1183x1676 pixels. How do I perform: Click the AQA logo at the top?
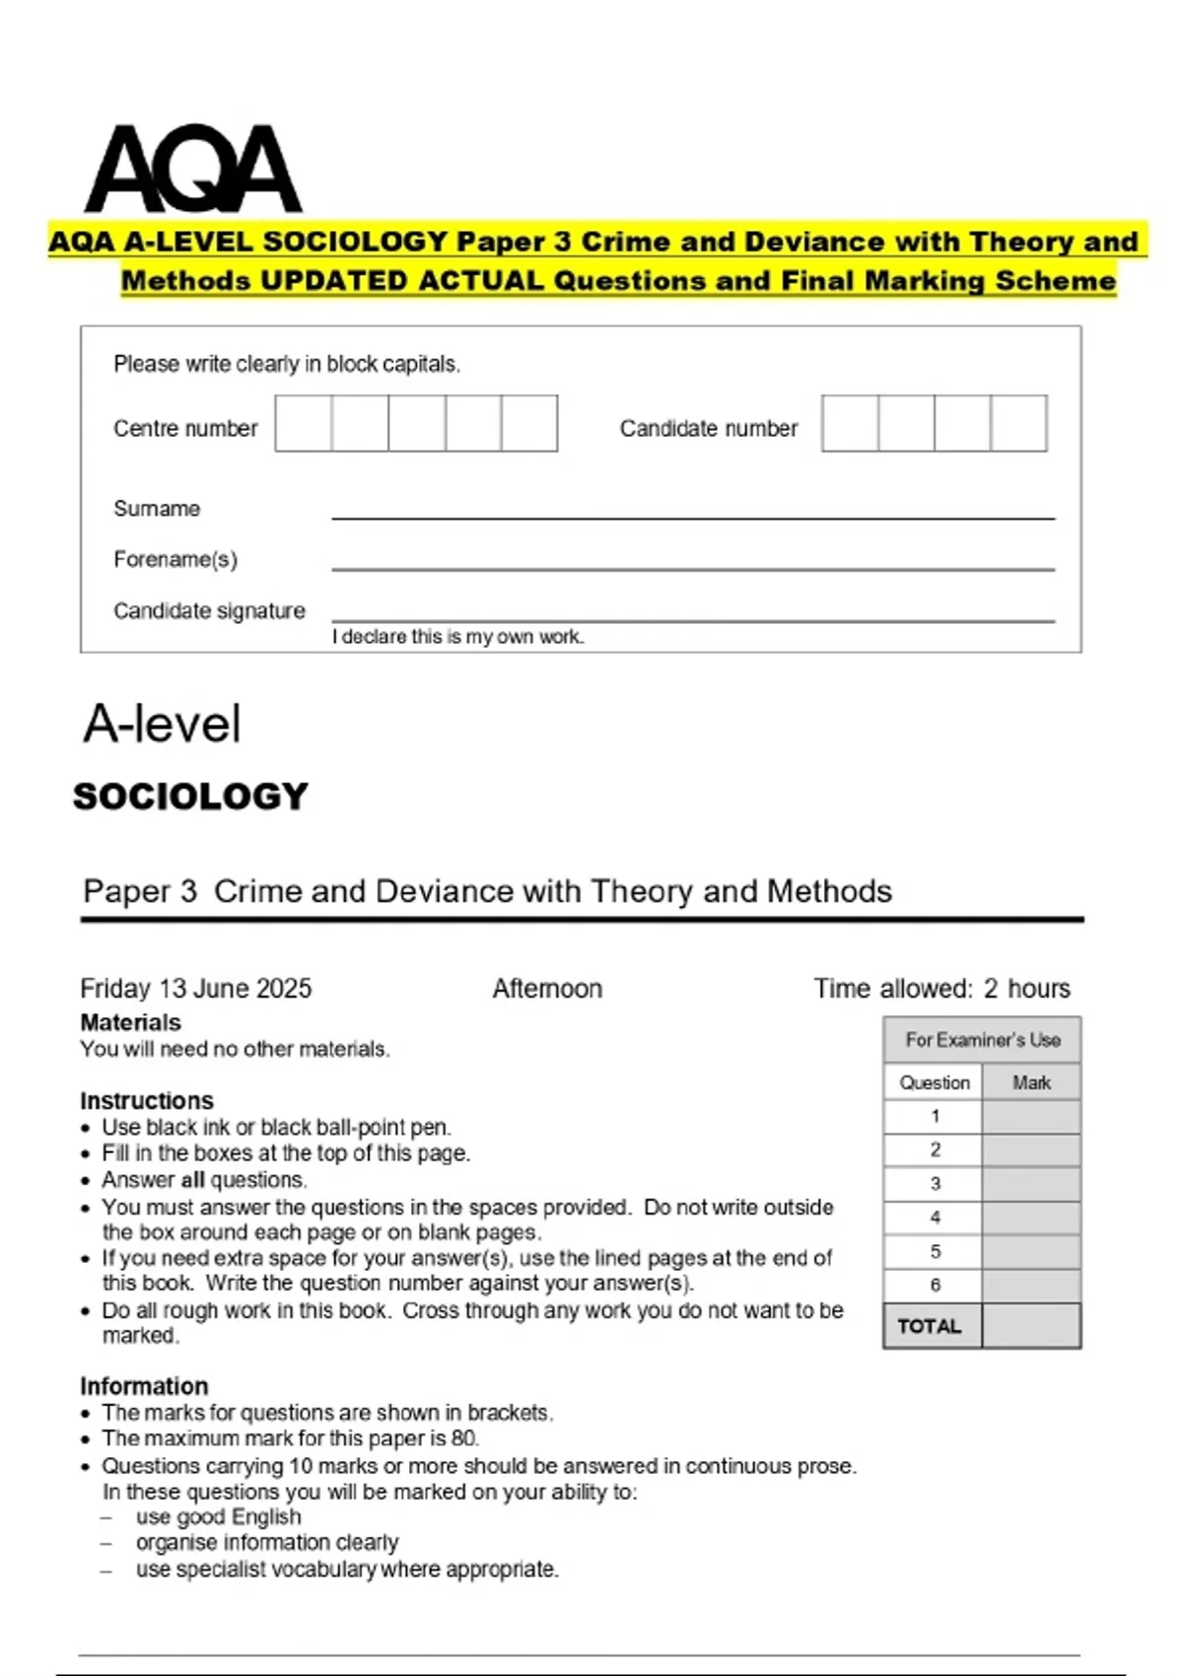193,170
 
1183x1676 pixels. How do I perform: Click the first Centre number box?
304,424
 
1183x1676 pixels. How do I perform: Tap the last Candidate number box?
1018,424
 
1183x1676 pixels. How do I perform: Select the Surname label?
157,509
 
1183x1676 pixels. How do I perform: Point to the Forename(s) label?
175,560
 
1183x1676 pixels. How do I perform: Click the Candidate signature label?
209,611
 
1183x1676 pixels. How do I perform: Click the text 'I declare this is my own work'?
458,637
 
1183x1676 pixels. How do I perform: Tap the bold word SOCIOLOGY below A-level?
191,797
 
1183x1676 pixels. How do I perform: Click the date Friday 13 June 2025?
196,988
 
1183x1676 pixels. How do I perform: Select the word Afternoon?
547,988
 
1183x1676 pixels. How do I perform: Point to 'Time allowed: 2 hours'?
941,988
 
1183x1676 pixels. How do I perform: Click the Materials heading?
131,1022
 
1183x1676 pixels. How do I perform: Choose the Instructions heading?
147,1100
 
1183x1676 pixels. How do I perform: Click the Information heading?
144,1386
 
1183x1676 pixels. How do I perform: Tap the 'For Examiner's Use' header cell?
982,1040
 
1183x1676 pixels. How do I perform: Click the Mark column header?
1031,1082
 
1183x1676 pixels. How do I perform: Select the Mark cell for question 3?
1031,1184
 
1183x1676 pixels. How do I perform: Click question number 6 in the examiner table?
935,1285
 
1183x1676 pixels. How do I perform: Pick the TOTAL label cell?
930,1326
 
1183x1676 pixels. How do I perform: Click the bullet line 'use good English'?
219,1517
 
